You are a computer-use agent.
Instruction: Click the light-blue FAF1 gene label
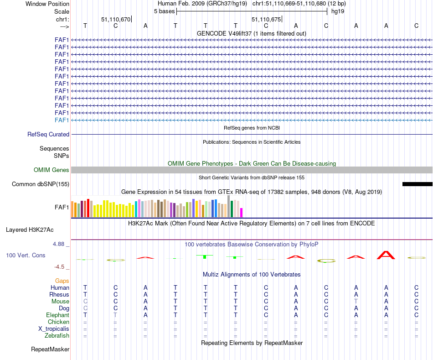62,120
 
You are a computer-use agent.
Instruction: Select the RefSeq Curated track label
48,135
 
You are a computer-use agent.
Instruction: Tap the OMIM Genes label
52,170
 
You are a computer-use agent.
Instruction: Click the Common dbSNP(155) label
41,184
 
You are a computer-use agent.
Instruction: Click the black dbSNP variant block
417,184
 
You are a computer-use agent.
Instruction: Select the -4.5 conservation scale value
61,267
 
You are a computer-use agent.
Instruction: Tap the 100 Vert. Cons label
26,256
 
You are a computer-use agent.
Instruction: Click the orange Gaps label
62,281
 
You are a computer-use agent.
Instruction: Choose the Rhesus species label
59,295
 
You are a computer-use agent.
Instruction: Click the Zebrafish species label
57,336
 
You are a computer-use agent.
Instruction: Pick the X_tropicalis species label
54,329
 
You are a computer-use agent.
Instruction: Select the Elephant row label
58,315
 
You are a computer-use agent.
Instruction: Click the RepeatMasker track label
50,350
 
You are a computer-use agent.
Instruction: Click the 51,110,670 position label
116,20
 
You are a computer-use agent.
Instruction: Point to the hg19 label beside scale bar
338,11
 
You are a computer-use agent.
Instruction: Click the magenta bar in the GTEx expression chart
242,213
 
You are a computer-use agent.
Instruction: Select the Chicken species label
59,322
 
